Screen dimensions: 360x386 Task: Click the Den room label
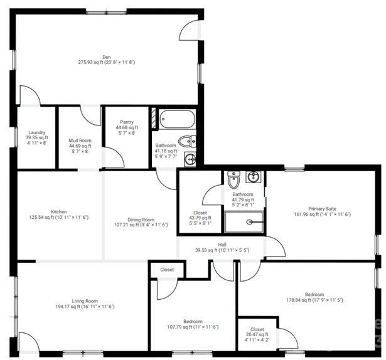point(107,56)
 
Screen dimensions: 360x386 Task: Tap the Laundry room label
point(36,132)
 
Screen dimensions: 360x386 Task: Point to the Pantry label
point(126,123)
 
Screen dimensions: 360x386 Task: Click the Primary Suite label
point(321,209)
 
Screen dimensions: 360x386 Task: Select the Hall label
point(222,245)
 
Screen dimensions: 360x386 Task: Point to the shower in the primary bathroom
point(245,221)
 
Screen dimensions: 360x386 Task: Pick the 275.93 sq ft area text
point(107,62)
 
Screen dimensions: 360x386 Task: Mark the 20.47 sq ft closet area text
point(257,335)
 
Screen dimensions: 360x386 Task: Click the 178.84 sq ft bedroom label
point(314,300)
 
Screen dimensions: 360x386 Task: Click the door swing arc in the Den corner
point(190,28)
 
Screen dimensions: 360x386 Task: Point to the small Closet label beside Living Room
point(167,270)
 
